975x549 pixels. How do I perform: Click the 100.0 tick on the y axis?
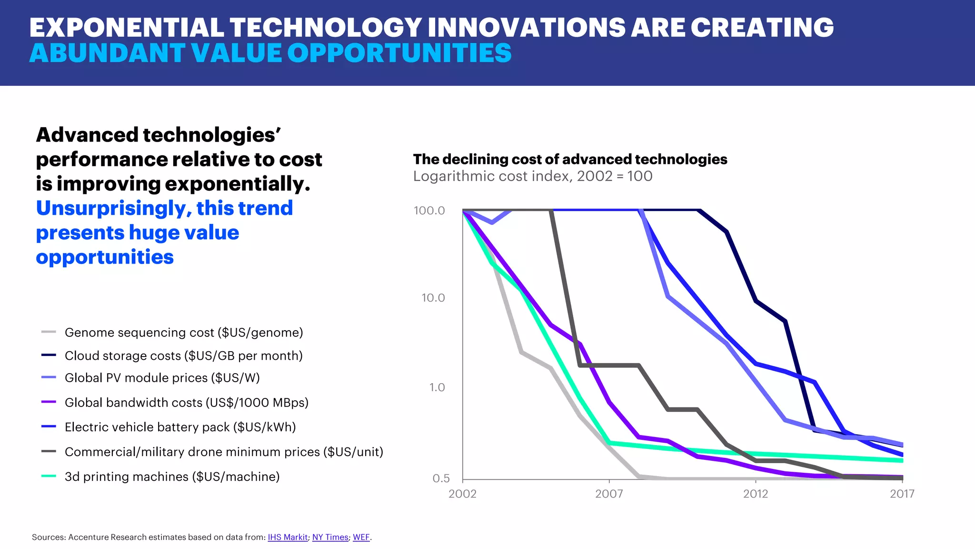429,210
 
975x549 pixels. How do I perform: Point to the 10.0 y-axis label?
433,298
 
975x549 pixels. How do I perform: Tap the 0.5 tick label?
440,478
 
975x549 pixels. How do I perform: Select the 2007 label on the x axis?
609,494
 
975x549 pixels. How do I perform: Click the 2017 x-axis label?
902,494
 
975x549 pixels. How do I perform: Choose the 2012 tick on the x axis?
756,494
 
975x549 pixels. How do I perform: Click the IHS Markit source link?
288,537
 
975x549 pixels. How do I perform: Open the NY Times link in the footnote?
330,537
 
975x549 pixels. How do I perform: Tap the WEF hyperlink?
361,537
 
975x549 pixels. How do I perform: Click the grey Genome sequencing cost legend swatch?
49,332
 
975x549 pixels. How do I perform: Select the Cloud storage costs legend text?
183,356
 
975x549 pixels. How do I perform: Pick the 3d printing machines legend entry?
172,477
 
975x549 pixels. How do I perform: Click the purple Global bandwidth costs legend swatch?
49,402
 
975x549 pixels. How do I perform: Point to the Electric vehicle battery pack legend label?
180,427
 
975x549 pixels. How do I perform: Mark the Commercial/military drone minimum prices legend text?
224,452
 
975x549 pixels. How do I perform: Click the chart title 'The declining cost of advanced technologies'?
570,159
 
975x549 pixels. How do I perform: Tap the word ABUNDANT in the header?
107,53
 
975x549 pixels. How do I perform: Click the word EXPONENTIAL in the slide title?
126,27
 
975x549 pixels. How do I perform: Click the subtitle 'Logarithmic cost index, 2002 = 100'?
532,176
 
